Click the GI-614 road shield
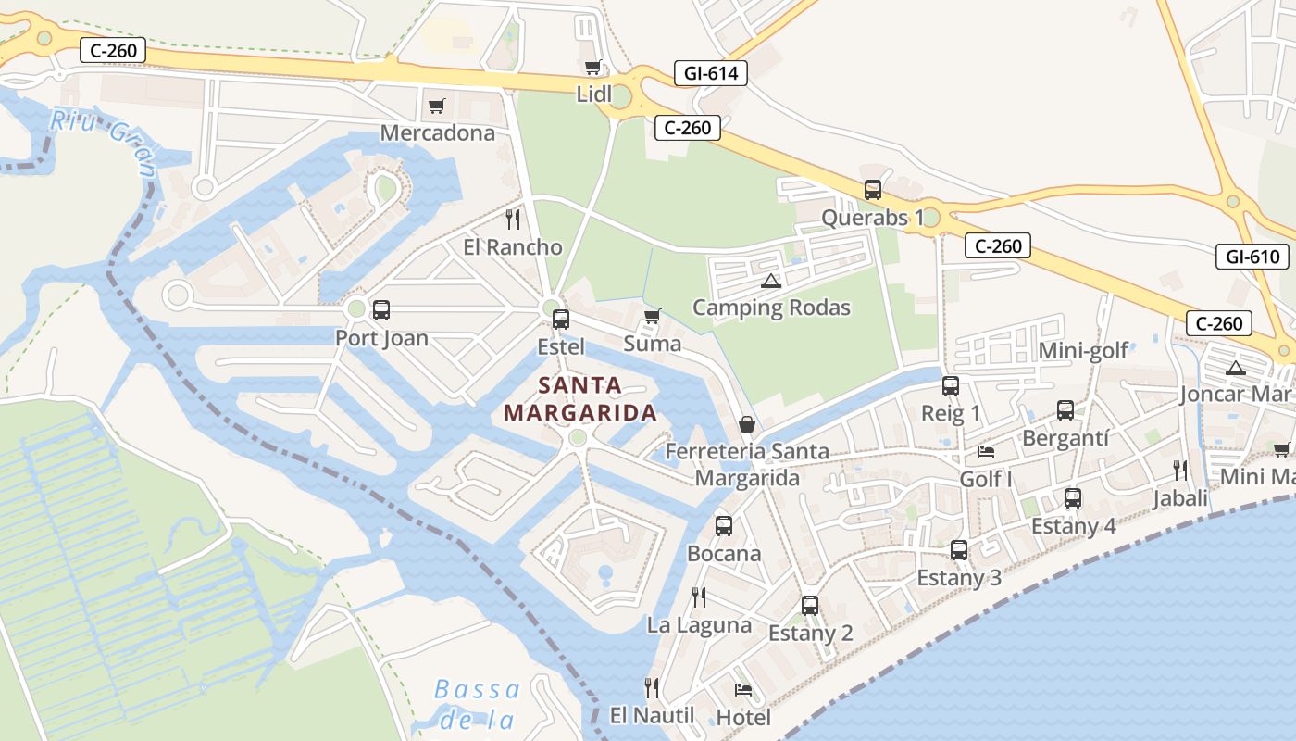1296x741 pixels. coord(711,73)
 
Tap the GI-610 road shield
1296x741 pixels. coord(1252,257)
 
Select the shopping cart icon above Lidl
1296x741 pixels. coord(593,67)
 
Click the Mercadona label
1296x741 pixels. coord(438,132)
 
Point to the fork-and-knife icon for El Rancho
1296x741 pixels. coord(513,220)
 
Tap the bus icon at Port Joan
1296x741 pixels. coord(380,310)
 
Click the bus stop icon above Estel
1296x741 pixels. coord(560,320)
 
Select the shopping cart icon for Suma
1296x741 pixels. coord(653,317)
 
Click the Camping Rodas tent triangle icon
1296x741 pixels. coord(770,281)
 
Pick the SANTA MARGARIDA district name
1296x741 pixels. coord(580,399)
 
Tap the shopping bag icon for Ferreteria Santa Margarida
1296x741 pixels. coord(747,424)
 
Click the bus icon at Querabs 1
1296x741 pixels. coord(873,190)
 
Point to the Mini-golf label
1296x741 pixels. coord(1083,350)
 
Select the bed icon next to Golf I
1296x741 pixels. coord(986,452)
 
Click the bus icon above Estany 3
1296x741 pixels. coord(959,550)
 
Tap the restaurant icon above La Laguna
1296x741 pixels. coord(699,597)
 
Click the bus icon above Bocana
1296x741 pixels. coord(724,526)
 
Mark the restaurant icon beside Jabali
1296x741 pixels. coord(1180,471)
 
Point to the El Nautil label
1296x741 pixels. coord(652,715)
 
